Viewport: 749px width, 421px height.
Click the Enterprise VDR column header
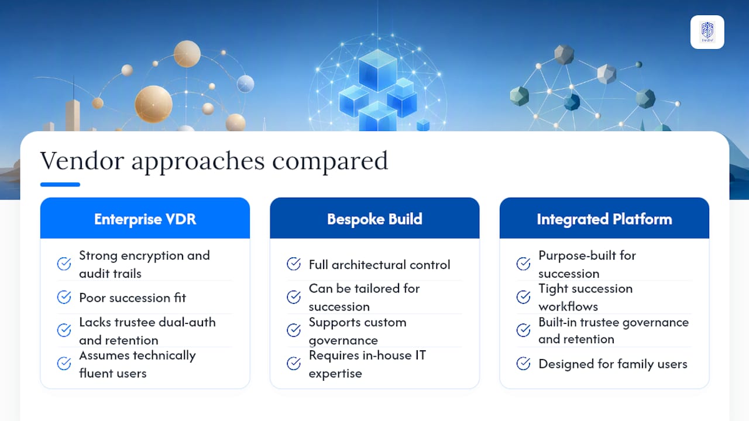pyautogui.click(x=145, y=219)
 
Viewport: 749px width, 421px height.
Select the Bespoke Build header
pyautogui.click(x=374, y=219)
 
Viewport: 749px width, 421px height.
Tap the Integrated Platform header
pyautogui.click(x=604, y=219)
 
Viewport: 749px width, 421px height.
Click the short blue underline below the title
pyautogui.click(x=60, y=184)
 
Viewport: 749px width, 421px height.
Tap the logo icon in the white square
pyautogui.click(x=707, y=32)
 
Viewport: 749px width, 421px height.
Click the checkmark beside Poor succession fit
pyautogui.click(x=64, y=297)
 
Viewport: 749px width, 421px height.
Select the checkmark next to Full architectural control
pyautogui.click(x=294, y=264)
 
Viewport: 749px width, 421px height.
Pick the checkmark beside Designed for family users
pyautogui.click(x=523, y=364)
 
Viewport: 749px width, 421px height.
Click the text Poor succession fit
pyautogui.click(x=132, y=298)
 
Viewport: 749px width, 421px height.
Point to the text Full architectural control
pyautogui.click(x=380, y=265)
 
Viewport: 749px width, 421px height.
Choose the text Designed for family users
pyautogui.click(x=613, y=364)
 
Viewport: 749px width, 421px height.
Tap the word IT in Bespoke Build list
pyautogui.click(x=421, y=355)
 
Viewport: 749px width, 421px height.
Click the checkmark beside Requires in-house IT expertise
pyautogui.click(x=294, y=364)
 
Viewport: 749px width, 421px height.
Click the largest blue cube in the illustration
pyautogui.click(x=378, y=70)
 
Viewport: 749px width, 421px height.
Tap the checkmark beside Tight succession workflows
pyautogui.click(x=523, y=297)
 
